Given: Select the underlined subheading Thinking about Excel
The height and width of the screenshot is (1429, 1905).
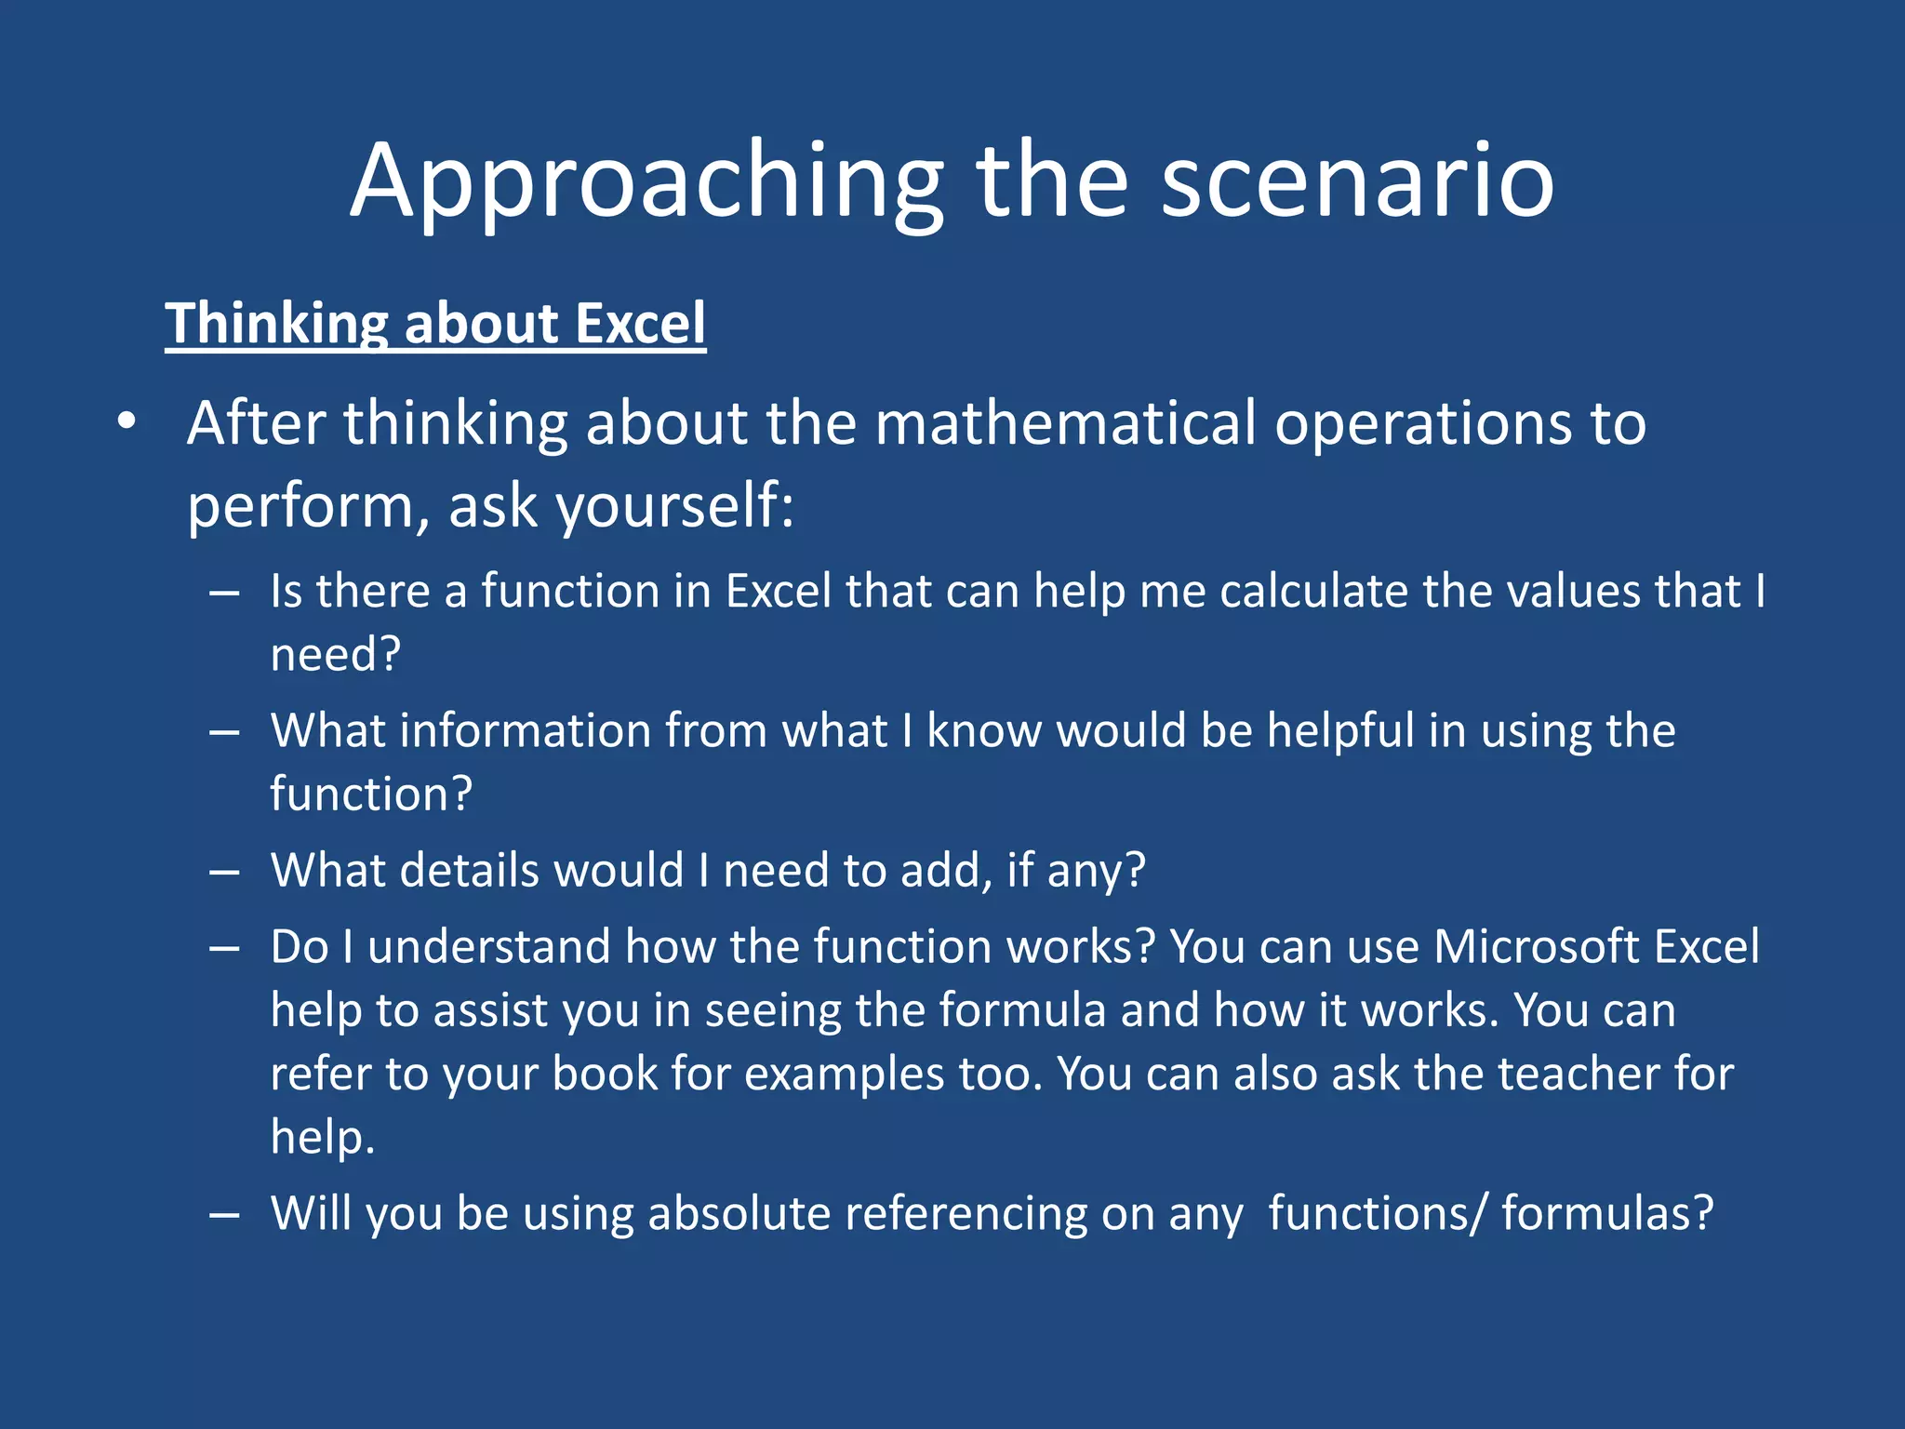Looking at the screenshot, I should (x=435, y=324).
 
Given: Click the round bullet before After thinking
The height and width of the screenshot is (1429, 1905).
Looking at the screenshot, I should (x=127, y=423).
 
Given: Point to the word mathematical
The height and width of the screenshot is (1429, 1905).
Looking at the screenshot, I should (x=1066, y=423).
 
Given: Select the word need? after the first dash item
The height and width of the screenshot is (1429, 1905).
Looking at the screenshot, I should (x=335, y=654).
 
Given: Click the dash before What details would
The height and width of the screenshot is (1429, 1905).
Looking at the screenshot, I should (x=224, y=872).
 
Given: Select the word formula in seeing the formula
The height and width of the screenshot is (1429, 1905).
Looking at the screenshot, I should (x=1022, y=1010).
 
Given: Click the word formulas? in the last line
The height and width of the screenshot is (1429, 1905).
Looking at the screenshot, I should (x=1606, y=1214).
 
